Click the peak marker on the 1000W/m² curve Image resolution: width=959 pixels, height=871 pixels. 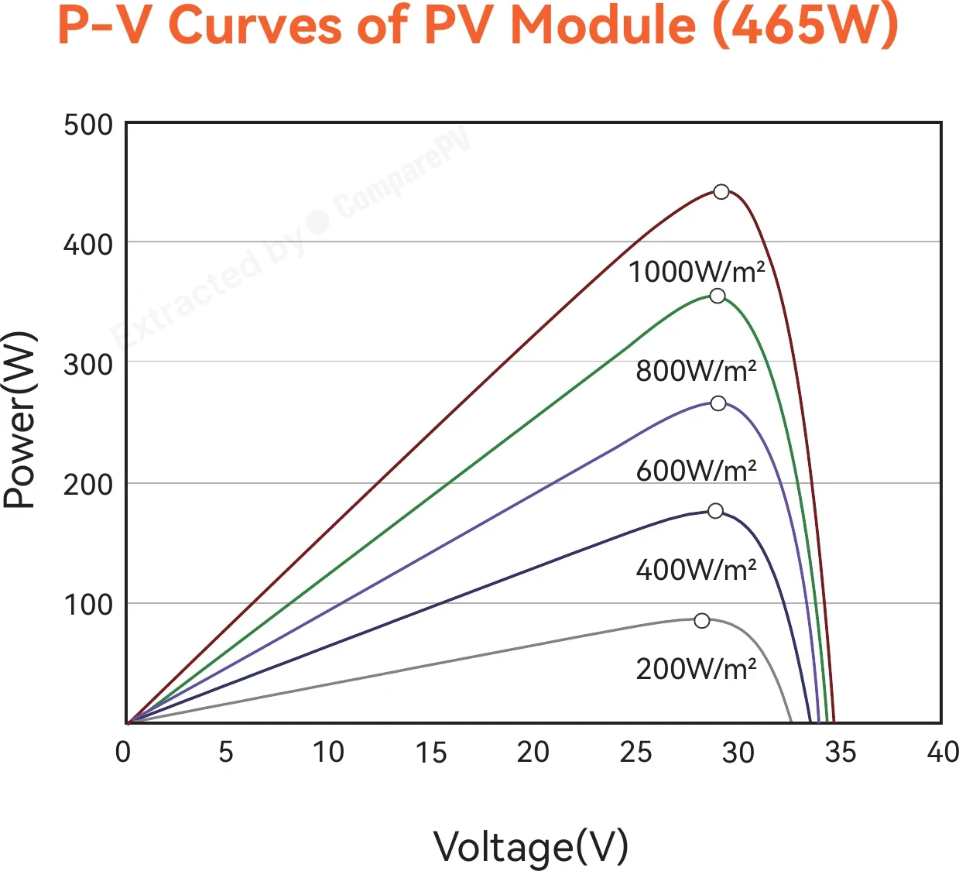(721, 192)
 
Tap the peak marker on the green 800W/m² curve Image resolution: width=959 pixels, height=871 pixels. (717, 296)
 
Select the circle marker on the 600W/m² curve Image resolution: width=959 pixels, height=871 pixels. (718, 403)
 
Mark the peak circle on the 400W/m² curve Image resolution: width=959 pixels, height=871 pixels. (715, 511)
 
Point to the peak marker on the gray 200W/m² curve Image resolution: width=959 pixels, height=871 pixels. (702, 621)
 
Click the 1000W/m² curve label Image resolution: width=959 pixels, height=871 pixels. (697, 273)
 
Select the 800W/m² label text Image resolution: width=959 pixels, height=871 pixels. (696, 371)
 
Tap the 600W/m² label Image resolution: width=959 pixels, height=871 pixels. (696, 471)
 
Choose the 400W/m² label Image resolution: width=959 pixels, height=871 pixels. (696, 570)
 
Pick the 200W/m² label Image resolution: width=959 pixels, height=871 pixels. (696, 669)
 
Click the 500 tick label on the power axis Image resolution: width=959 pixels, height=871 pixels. (88, 125)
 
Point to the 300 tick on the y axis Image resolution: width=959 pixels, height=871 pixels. (88, 365)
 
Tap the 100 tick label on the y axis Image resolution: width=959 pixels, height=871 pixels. (88, 605)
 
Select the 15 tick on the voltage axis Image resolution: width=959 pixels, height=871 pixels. (430, 753)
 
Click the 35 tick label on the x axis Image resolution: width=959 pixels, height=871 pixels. (841, 752)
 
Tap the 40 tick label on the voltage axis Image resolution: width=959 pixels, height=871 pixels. (943, 752)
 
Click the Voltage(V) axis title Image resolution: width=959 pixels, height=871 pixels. (531, 847)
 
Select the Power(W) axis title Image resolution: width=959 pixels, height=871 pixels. (19, 420)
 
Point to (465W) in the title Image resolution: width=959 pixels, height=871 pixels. (806, 26)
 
